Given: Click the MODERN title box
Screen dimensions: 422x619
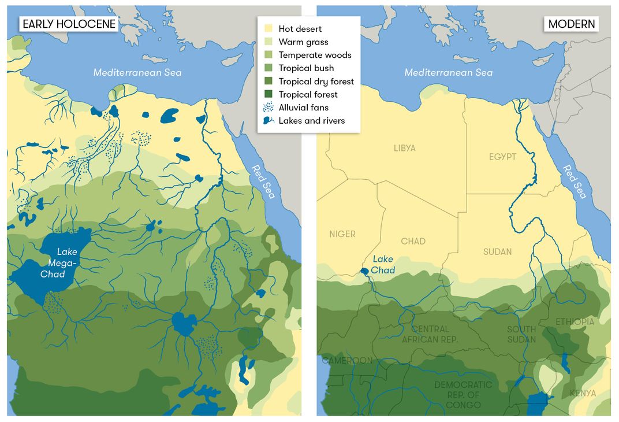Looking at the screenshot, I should tap(572, 24).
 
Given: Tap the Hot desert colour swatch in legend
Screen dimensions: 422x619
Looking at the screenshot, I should tap(269, 29).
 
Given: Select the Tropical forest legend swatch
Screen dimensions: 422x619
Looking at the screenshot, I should tap(269, 94).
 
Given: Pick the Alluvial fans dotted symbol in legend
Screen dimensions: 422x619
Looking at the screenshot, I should tap(269, 108).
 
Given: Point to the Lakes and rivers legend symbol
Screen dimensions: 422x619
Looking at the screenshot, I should tap(269, 121).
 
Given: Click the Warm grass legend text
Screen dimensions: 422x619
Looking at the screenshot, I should tap(303, 42).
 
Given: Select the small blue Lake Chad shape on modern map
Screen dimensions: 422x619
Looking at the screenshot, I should tap(364, 270).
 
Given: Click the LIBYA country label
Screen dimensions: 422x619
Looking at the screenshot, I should tap(404, 148).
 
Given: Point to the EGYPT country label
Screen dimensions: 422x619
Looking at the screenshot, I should tap(502, 157).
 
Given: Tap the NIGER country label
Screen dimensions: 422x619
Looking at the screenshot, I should tap(342, 234).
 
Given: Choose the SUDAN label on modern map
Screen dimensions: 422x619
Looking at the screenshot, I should tap(497, 251).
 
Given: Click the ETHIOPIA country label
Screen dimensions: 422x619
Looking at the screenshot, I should tap(575, 321).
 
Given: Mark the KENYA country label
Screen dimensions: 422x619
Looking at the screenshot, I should tap(583, 393).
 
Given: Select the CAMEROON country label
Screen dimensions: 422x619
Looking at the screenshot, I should tap(347, 361).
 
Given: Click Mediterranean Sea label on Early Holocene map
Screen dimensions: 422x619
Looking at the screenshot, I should tap(137, 72).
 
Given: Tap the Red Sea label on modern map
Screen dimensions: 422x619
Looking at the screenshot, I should tap(575, 182).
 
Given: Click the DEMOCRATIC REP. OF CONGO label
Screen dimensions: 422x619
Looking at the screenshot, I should tap(463, 394).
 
